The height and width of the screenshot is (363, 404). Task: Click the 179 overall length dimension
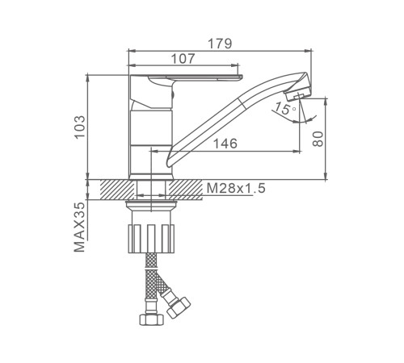click(220, 44)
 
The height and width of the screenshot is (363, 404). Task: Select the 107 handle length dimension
click(183, 58)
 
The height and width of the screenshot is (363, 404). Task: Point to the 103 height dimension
click(80, 127)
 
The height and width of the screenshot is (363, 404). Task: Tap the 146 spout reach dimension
click(225, 144)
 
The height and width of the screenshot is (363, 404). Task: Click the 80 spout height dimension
click(318, 139)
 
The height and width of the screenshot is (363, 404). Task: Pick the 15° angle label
click(284, 109)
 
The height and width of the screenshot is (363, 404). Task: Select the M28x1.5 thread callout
click(236, 188)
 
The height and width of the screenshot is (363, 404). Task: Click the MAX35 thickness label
click(79, 227)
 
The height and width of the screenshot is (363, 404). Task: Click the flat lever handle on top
click(186, 77)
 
